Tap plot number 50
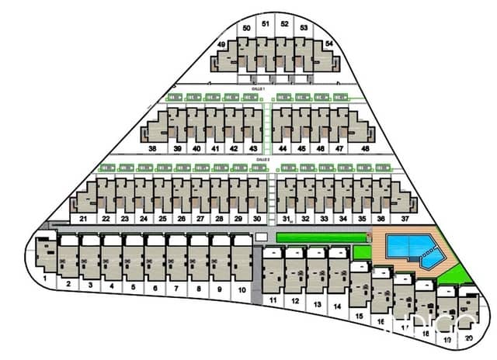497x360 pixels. pyautogui.click(x=246, y=28)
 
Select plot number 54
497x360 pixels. pyautogui.click(x=328, y=44)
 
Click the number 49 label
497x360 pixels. pyautogui.click(x=221, y=45)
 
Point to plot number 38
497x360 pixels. pyautogui.click(x=152, y=149)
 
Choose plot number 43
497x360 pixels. pyautogui.click(x=253, y=149)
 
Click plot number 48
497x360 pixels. pyautogui.click(x=365, y=149)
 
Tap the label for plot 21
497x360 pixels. pyautogui.click(x=82, y=220)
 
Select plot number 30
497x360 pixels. pyautogui.click(x=256, y=220)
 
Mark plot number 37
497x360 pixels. pyautogui.click(x=405, y=220)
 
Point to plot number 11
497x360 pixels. pyautogui.click(x=273, y=299)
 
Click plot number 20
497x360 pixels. pyautogui.click(x=468, y=340)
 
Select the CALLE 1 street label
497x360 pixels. pyautogui.click(x=259, y=90)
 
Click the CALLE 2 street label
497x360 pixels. pyautogui.click(x=262, y=159)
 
